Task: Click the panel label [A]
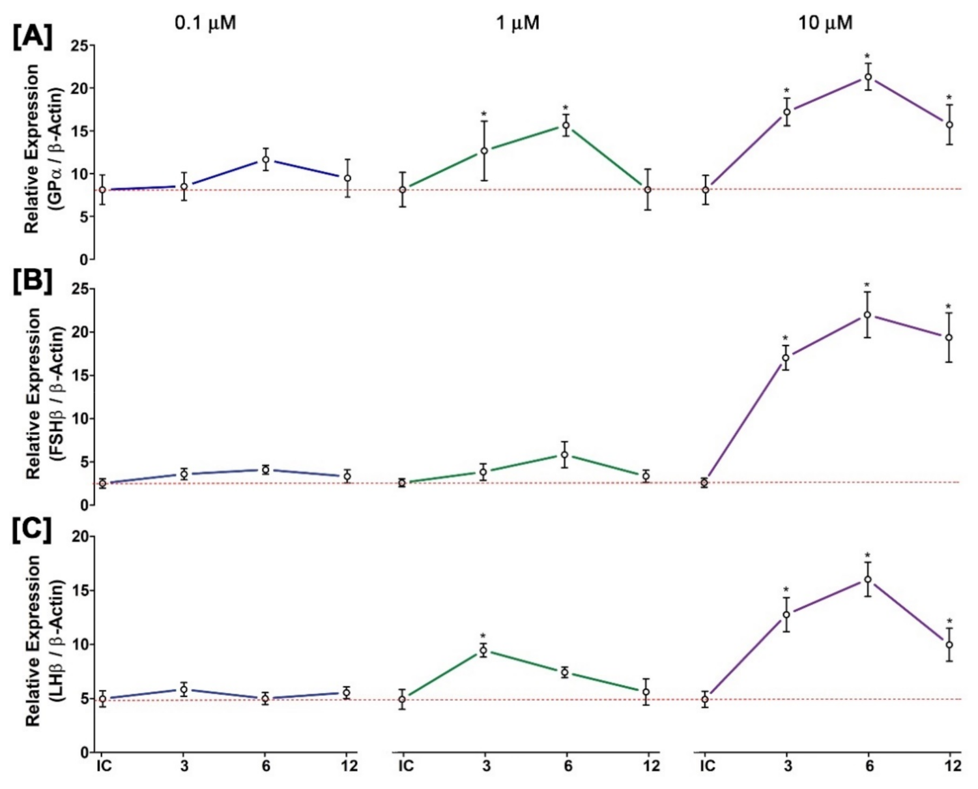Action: point(32,37)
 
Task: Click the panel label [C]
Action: point(32,531)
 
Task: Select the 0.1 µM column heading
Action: point(205,23)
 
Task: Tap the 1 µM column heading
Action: point(517,23)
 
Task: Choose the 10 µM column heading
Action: point(825,23)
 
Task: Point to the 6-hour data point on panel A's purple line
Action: point(868,77)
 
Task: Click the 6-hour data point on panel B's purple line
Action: point(867,314)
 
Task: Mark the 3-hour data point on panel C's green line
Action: point(483,650)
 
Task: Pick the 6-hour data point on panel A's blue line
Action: point(266,159)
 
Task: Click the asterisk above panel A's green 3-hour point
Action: point(483,115)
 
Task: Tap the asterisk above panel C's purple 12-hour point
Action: point(949,622)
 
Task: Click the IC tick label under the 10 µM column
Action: point(707,766)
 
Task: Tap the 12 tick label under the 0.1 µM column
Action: point(349,766)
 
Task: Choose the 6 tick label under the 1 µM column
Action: point(568,766)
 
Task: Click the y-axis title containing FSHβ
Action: point(44,394)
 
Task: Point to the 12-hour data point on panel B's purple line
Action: point(949,337)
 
